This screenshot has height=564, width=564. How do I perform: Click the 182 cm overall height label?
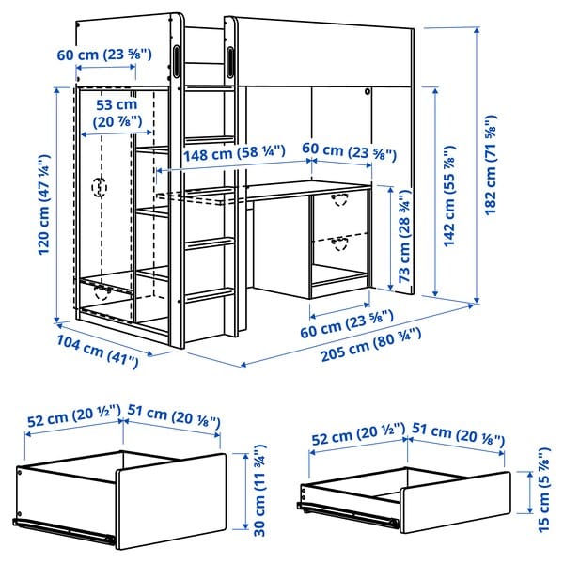pyautogui.click(x=490, y=165)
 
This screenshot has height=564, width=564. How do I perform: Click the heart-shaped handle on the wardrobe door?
pyautogui.click(x=99, y=187)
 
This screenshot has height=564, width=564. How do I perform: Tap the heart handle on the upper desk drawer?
pyautogui.click(x=338, y=197)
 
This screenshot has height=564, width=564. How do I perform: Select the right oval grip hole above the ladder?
pyautogui.click(x=230, y=59)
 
